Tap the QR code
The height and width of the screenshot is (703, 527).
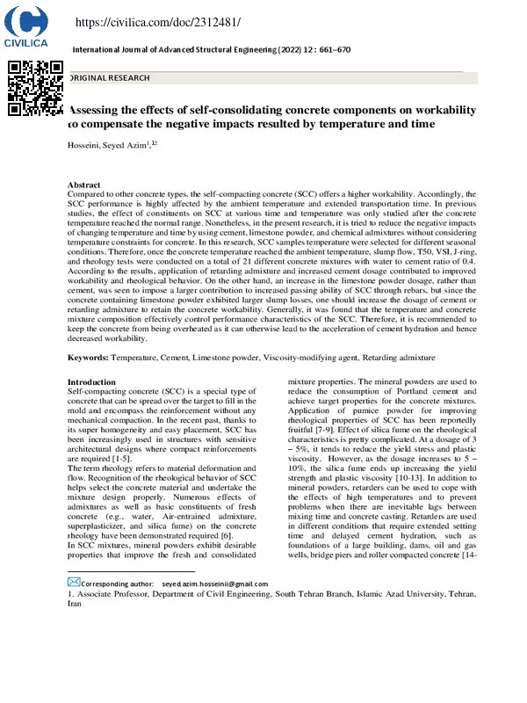click(35, 88)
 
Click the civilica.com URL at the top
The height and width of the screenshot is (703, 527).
click(158, 21)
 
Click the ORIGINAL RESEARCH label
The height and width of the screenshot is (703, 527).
click(110, 78)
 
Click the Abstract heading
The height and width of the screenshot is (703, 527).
click(84, 185)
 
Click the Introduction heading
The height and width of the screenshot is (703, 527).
click(91, 382)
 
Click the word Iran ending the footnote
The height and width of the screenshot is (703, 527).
click(76, 605)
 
